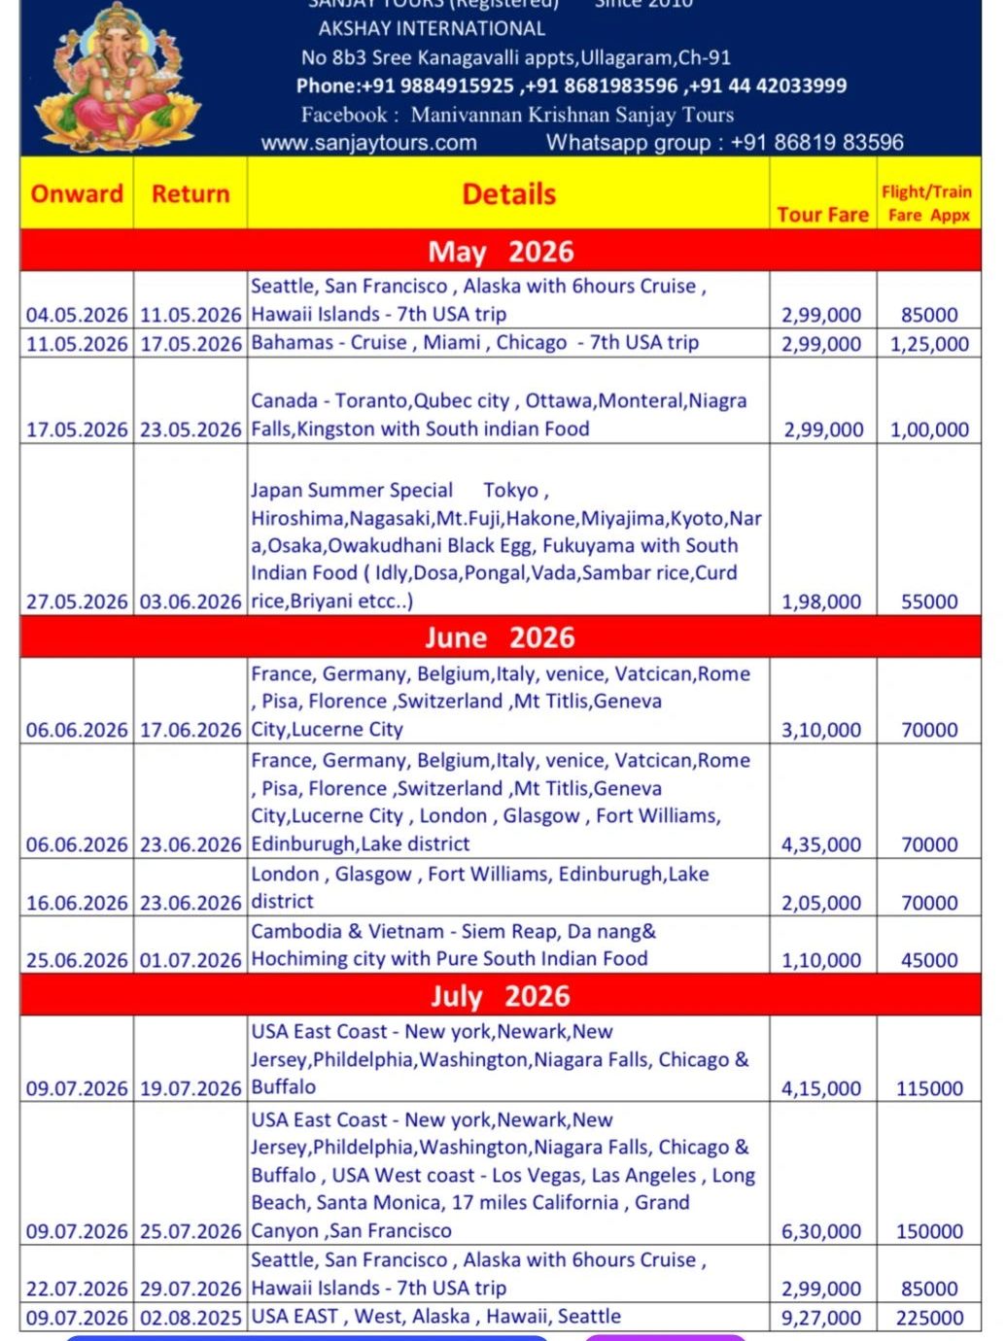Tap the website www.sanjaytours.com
pos(369,143)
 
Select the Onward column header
pos(77,193)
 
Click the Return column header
pos(191,193)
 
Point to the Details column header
pos(508,194)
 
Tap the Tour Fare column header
pos(822,215)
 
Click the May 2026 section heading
pos(501,252)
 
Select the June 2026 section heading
pos(501,637)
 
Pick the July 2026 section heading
pos(501,996)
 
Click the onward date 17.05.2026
pos(77,430)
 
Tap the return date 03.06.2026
pos(191,602)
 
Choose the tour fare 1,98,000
pos(821,602)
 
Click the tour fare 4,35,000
pos(821,844)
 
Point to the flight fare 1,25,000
pos(929,344)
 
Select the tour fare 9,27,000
pos(821,1318)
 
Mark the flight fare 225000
pos(929,1318)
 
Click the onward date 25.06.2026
pos(77,960)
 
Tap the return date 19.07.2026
pos(191,1088)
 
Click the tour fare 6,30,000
pos(821,1231)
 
